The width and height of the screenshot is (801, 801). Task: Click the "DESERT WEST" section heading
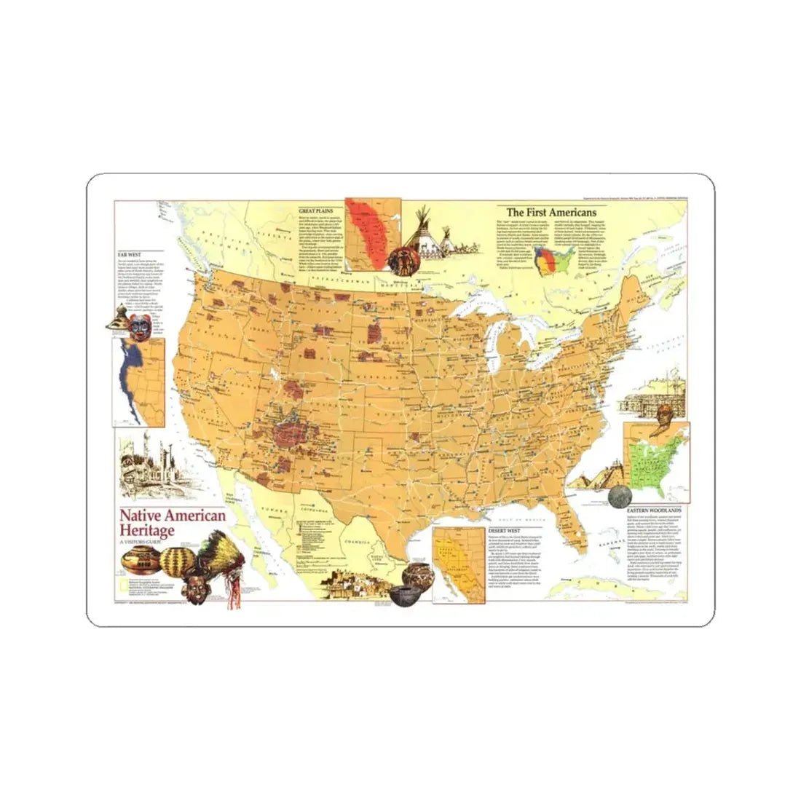click(505, 531)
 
